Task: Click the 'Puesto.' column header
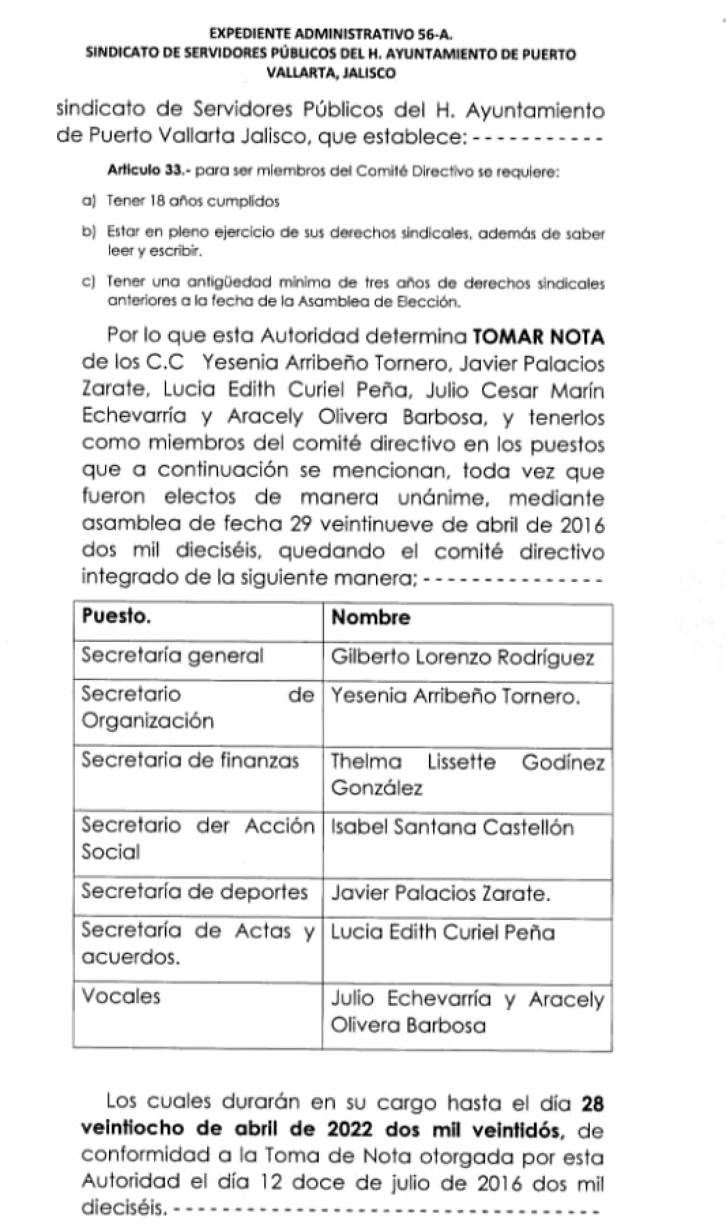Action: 116,616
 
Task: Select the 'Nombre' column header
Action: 370,617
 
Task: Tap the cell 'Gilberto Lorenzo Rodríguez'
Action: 462,658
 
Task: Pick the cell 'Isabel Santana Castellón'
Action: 452,827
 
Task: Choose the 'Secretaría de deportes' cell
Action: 194,892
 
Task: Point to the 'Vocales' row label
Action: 121,996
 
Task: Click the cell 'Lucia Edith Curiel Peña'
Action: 443,932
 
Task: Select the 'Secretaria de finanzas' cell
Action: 190,760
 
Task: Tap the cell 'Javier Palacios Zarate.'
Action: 440,893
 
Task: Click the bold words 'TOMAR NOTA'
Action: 538,337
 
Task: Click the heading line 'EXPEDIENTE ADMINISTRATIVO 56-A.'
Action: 331,33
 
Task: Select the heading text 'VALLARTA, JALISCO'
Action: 331,73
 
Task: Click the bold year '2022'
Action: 350,1129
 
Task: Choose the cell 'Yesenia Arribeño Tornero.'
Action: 456,696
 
